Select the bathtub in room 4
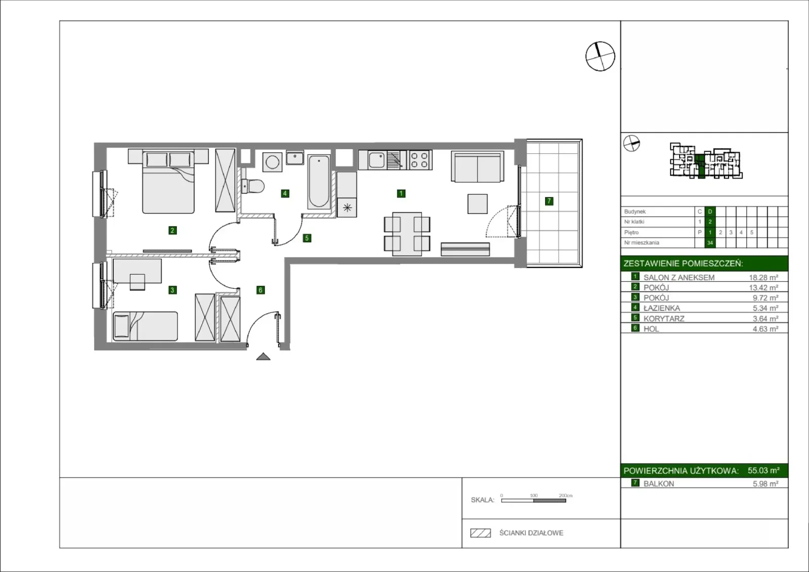319,182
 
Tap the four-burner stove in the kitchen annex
420,160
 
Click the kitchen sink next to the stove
377,160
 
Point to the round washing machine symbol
273,162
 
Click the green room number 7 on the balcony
549,201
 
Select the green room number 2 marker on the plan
172,230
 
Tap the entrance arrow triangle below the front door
263,356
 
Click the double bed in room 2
168,182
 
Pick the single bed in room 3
145,326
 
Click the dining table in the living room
407,234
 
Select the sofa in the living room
477,166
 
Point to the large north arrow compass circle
600,56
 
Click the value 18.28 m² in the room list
763,278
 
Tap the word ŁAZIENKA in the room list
662,308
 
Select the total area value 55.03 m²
763,470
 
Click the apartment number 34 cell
710,243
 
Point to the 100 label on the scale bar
534,496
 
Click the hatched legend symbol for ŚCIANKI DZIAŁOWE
480,533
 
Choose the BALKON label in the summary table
659,484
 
